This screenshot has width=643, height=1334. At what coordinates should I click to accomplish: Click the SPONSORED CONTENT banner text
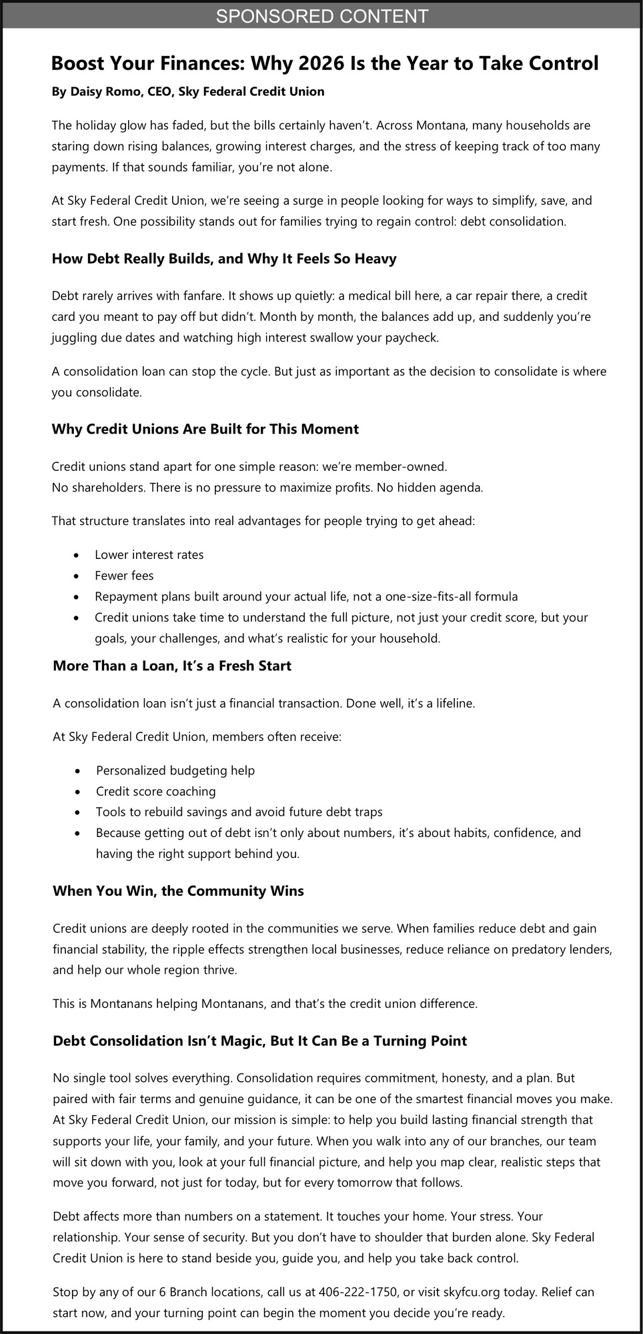[321, 16]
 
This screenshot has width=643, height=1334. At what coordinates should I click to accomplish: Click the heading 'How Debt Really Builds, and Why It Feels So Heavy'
[224, 259]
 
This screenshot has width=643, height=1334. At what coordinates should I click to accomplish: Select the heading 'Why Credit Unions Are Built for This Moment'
[205, 429]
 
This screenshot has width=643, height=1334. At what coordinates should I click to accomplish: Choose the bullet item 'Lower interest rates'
[149, 555]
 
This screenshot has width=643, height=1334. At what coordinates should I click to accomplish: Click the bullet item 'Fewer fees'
[124, 576]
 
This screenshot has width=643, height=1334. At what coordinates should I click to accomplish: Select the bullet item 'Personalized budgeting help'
[175, 770]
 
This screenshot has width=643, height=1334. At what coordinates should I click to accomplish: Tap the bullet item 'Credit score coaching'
[155, 792]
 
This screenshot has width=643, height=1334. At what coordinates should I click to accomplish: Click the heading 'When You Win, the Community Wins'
[178, 891]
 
